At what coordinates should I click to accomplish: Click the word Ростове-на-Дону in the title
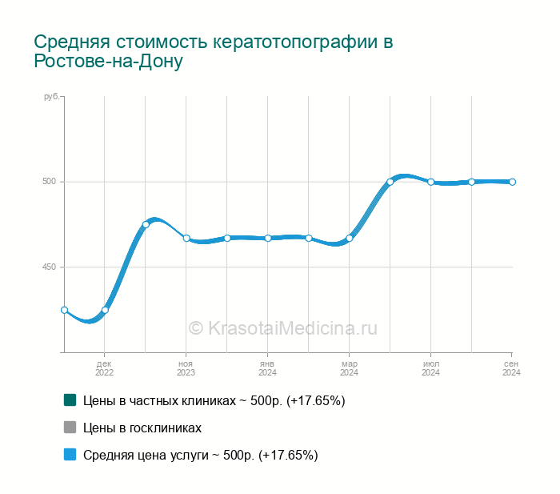coord(109,62)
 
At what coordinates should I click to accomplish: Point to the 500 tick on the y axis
coord(50,182)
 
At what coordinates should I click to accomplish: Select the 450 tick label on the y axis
coord(50,267)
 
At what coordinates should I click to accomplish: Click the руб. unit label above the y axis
coord(51,97)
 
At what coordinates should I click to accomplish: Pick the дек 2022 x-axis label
coord(105,368)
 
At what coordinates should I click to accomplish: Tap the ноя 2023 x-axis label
coord(186,368)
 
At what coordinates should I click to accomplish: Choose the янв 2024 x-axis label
coord(267,368)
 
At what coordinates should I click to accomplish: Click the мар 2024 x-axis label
coord(349,368)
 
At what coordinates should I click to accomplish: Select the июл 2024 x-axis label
coord(430,368)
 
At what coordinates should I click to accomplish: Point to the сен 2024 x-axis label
coord(512,368)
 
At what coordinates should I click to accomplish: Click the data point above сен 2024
coord(512,182)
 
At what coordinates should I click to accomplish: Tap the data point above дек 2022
coord(105,310)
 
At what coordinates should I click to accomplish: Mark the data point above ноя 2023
coord(186,238)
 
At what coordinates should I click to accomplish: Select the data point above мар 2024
coord(350,238)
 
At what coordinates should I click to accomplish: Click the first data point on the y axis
coord(64,310)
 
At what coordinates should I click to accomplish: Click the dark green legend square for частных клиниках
coord(70,400)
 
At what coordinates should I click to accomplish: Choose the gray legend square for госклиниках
coord(70,428)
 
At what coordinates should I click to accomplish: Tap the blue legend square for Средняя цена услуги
coord(70,455)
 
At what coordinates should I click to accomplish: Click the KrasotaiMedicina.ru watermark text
coord(282,327)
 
